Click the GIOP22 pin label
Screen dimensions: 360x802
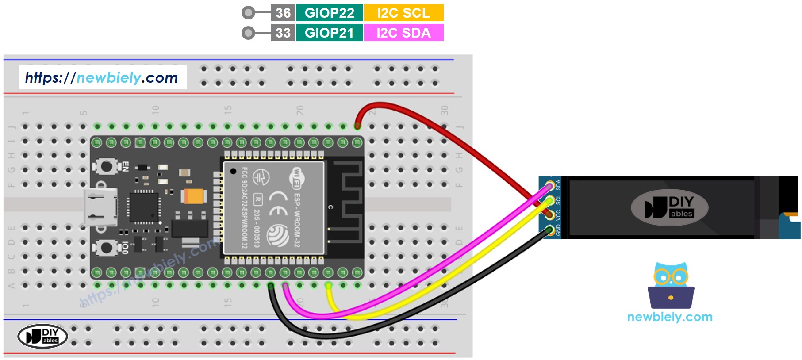[330, 13]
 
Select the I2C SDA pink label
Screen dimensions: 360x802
[403, 33]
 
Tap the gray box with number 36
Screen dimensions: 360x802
[283, 13]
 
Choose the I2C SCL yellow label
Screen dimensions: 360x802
[403, 13]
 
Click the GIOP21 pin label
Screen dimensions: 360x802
[330, 33]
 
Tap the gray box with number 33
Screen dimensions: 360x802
[283, 33]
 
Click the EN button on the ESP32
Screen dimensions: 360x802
[107, 167]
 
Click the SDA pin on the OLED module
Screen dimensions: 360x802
[550, 186]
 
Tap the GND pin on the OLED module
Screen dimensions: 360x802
[550, 230]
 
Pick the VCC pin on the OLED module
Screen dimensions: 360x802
[550, 215]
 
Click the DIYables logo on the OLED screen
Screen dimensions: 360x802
[669, 207]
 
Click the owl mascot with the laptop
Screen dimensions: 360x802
[671, 286]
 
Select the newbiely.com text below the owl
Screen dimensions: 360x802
[670, 317]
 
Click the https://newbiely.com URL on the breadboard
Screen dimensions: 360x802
[102, 78]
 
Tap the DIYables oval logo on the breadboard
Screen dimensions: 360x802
[42, 336]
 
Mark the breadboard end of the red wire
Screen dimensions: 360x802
[357, 126]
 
